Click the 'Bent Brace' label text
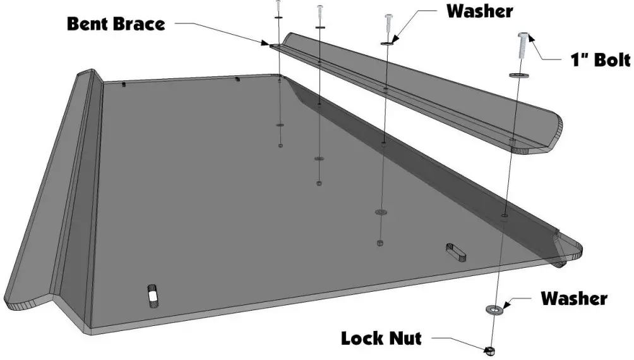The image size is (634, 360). click(116, 24)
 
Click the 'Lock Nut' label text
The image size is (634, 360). click(381, 339)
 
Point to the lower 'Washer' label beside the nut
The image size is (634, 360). click(573, 298)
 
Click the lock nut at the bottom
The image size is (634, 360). click(489, 349)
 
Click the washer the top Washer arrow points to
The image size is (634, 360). click(386, 44)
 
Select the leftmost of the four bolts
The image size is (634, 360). click(278, 6)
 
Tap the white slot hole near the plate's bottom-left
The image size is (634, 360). click(152, 294)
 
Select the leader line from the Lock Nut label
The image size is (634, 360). click(454, 342)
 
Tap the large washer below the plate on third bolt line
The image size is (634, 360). click(380, 212)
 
